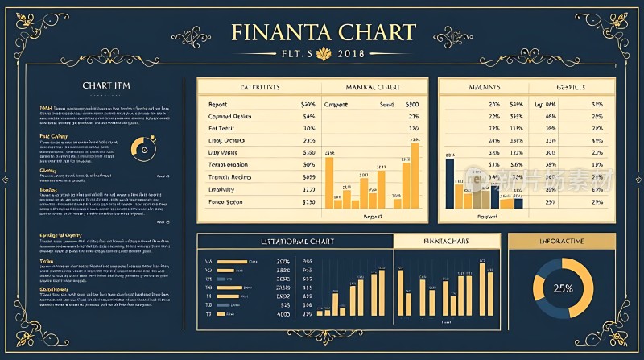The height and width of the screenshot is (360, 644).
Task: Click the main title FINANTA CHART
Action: (x=323, y=32)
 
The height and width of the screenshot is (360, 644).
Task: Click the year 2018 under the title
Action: (x=352, y=54)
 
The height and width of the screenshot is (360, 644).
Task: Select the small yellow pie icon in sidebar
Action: (x=142, y=147)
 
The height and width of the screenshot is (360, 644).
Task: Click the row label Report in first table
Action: (x=217, y=105)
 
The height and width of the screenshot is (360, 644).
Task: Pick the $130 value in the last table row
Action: (x=308, y=202)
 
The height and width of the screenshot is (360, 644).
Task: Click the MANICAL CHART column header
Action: (x=374, y=87)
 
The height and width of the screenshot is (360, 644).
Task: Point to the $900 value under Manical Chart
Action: (x=412, y=105)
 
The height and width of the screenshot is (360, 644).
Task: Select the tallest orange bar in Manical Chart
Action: (x=415, y=176)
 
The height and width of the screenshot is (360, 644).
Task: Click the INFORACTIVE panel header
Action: (x=562, y=241)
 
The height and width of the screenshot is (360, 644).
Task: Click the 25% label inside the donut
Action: (x=563, y=288)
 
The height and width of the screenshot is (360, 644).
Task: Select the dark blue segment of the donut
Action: (x=547, y=307)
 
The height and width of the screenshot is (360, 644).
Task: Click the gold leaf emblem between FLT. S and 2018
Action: (x=326, y=53)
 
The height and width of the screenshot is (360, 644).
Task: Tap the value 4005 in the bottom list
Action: (x=283, y=314)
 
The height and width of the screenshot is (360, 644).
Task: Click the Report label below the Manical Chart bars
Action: (x=373, y=217)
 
